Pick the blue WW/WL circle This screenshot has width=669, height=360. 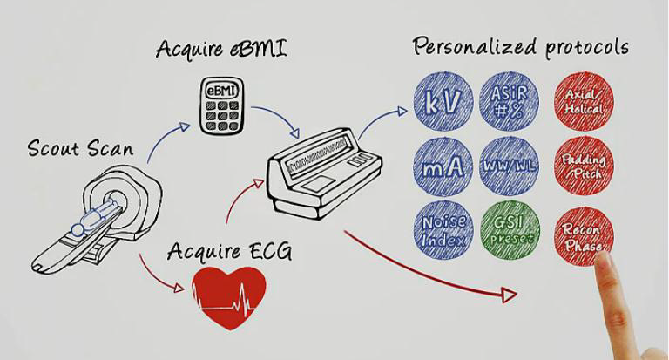511,166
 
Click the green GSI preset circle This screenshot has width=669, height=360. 511,228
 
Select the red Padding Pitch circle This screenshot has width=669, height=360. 585,166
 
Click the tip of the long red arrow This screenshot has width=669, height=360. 514,297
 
